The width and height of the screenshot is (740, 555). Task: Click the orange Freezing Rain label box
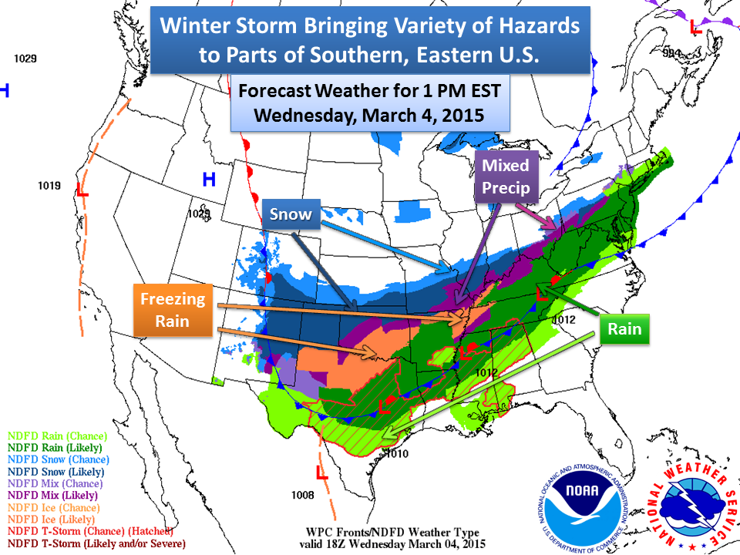pyautogui.click(x=173, y=311)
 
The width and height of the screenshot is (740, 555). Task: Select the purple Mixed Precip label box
pyautogui.click(x=506, y=177)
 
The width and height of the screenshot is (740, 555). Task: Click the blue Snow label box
pyautogui.click(x=291, y=215)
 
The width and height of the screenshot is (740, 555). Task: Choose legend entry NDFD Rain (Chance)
pyautogui.click(x=54, y=435)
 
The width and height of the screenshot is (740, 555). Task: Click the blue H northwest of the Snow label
pyautogui.click(x=208, y=180)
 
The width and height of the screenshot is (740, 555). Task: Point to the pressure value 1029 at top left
pyautogui.click(x=25, y=59)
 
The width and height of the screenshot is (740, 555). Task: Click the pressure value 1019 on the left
pyautogui.click(x=49, y=186)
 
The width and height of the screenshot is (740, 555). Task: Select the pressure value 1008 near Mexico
pyautogui.click(x=303, y=494)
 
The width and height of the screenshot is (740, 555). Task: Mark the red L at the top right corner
pyautogui.click(x=695, y=28)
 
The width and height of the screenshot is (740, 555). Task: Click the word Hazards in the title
pyautogui.click(x=532, y=27)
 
